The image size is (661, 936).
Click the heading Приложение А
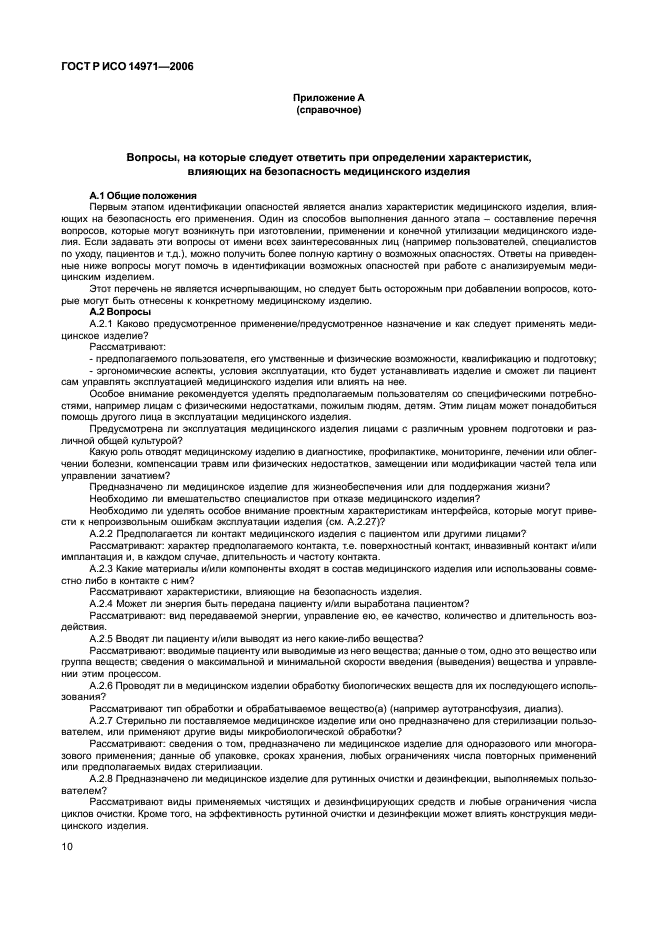click(x=329, y=98)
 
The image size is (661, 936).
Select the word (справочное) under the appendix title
click(x=329, y=110)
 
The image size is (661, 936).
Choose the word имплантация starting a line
click(x=90, y=555)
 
